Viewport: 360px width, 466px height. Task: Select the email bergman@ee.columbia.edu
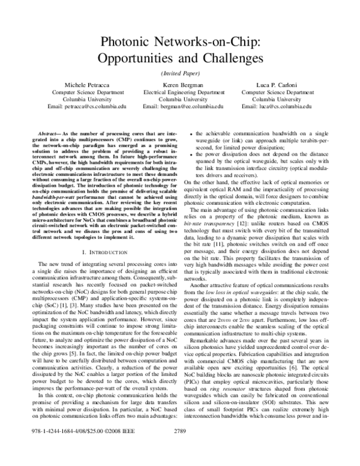point(180,106)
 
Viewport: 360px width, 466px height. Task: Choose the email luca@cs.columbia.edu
point(272,106)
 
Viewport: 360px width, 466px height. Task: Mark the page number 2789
point(181,448)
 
